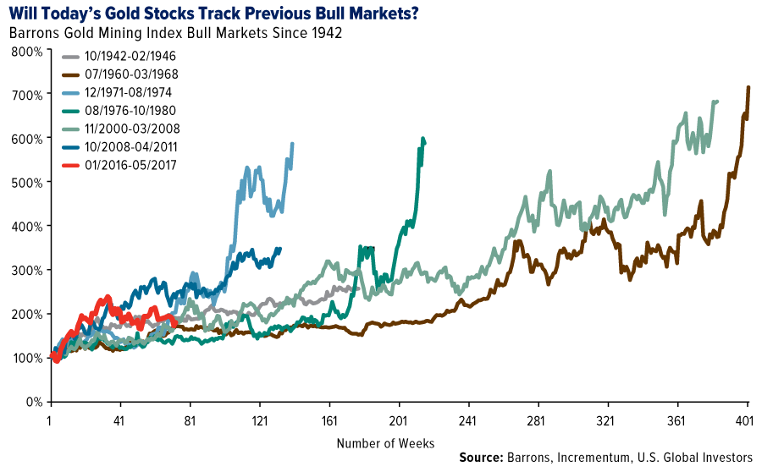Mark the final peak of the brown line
[x=748, y=87]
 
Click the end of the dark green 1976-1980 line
[x=424, y=142]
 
